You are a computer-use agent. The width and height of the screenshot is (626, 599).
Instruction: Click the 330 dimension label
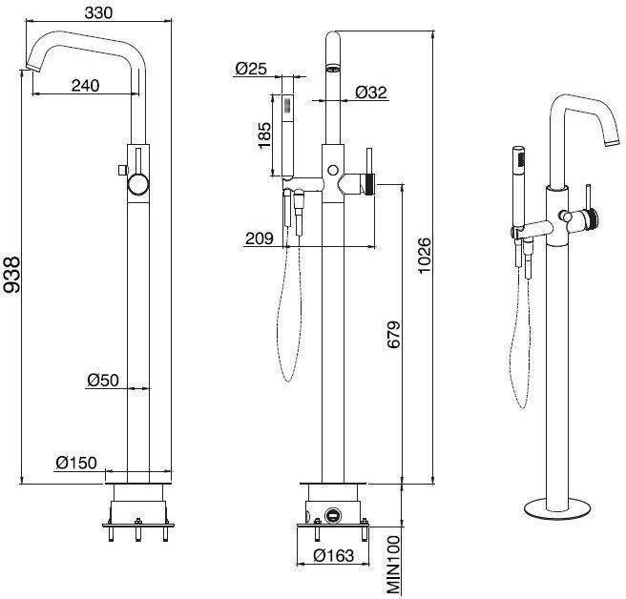98,12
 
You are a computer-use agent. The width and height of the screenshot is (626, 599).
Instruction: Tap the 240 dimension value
86,85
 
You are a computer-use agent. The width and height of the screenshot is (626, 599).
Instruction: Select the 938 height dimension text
11,275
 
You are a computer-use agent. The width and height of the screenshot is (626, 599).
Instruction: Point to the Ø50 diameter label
103,380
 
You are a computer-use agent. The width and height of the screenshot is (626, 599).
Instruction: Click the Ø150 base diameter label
76,463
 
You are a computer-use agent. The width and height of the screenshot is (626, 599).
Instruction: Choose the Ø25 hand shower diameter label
251,69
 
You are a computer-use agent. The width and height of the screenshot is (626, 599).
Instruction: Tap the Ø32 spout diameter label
371,93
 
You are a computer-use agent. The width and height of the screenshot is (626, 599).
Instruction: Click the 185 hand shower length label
264,135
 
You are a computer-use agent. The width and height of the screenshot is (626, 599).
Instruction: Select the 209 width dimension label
260,238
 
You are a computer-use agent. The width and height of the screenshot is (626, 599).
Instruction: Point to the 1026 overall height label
425,256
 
